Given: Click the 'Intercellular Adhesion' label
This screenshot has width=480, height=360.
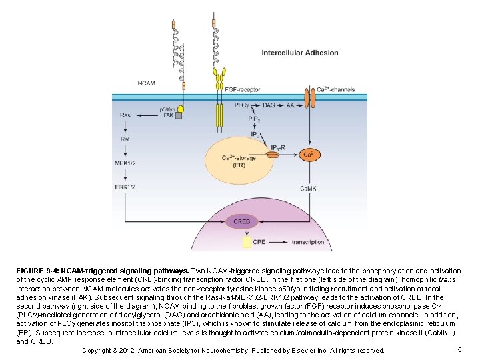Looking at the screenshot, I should (299, 53).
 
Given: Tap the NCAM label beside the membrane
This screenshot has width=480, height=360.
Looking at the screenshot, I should (146, 83).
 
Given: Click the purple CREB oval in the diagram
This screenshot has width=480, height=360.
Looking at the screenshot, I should (241, 221).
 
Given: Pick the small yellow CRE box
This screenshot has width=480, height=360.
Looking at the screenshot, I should (247, 242).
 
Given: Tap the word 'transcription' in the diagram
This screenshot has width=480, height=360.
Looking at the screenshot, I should (308, 242).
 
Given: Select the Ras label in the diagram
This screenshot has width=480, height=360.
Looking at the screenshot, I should (125, 115).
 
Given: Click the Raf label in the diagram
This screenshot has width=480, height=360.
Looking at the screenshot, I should (125, 139).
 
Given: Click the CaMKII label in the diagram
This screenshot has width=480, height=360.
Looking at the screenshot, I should (309, 189).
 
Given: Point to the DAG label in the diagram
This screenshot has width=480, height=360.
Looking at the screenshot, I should (269, 105).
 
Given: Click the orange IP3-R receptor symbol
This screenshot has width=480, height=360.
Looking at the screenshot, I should (273, 155).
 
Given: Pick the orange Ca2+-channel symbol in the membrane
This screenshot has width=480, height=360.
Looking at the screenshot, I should (309, 99).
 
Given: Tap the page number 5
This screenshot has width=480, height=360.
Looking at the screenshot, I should (460, 350).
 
